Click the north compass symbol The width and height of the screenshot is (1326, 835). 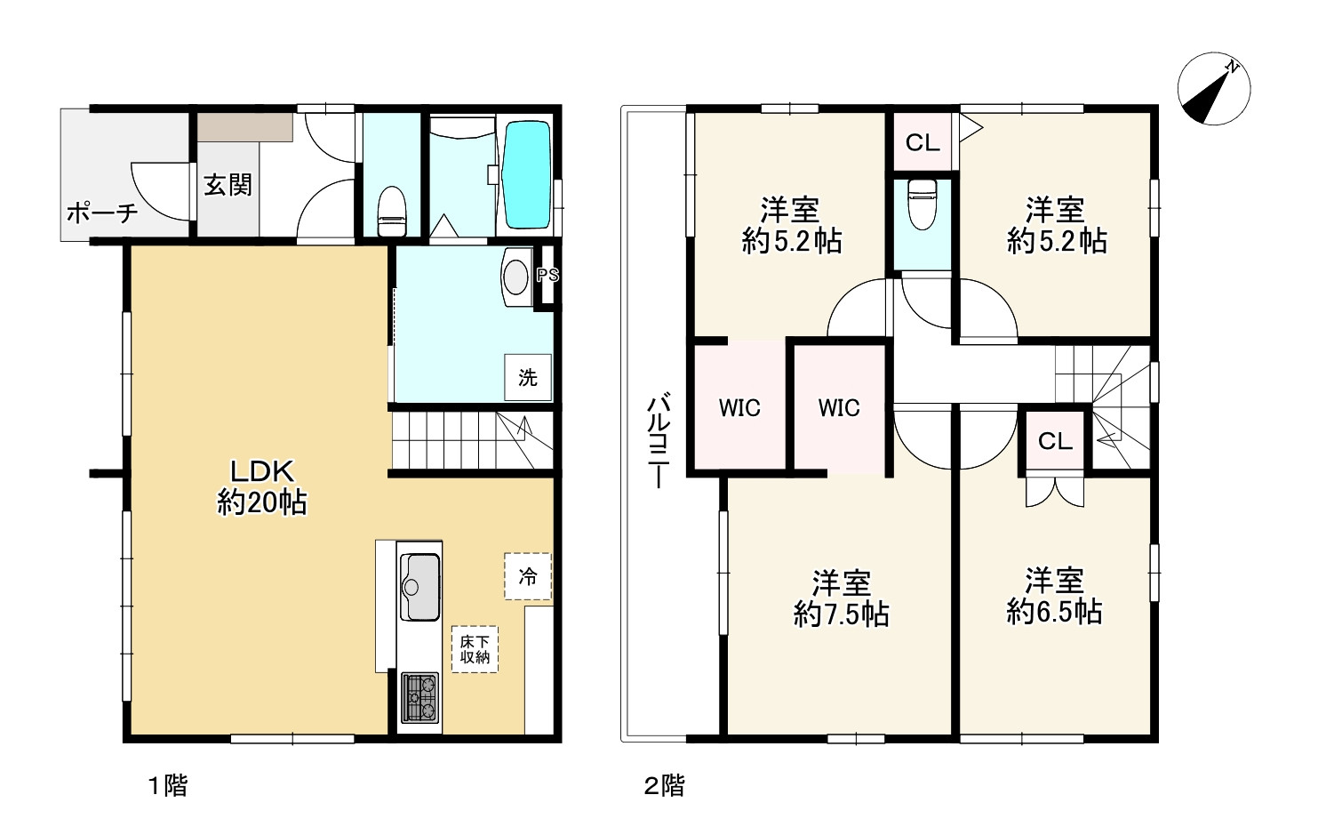pos(1213,89)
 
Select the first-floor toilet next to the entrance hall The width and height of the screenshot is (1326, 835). pos(392,212)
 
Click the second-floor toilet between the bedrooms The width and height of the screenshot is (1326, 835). pos(923,205)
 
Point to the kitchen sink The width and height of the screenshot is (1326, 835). pos(420,587)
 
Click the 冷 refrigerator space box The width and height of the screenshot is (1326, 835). pos(528,576)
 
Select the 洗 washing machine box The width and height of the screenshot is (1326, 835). pos(528,377)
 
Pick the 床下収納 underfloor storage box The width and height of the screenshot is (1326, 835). pos(475,649)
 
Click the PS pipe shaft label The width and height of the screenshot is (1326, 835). pos(547,276)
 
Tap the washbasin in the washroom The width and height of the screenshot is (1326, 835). pos(516,277)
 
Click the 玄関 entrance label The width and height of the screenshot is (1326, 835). pos(228,185)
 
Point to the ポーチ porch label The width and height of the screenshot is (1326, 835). pos(102,213)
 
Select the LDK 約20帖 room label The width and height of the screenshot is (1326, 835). pos(261,487)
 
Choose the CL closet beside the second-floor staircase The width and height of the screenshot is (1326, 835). pos(1056,441)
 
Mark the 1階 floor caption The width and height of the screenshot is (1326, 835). pos(167,786)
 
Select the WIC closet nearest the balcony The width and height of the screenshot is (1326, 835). pos(740,407)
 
